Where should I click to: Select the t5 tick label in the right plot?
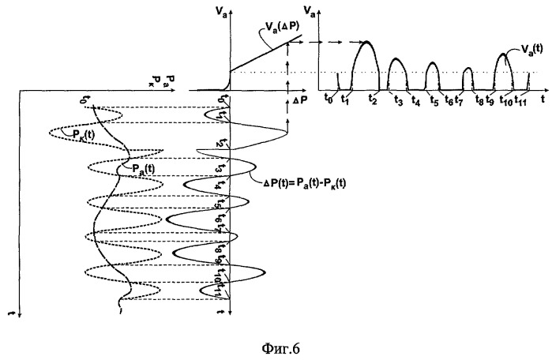point(434,100)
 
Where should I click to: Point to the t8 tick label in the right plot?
point(480,100)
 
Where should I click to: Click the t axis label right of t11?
point(544,99)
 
